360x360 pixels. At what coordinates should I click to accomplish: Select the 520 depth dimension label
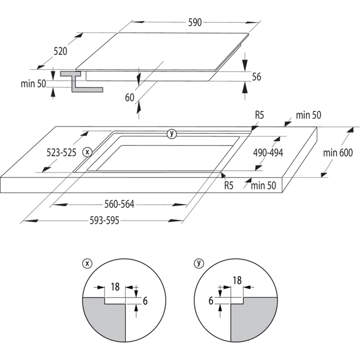pyautogui.click(x=61, y=51)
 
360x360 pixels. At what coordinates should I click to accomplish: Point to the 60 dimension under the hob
pyautogui.click(x=130, y=97)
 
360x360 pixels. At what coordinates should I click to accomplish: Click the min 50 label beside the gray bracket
pyautogui.click(x=33, y=83)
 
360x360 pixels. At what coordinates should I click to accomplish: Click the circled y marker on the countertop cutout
pyautogui.click(x=170, y=134)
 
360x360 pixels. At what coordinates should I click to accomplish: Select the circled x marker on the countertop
pyautogui.click(x=87, y=152)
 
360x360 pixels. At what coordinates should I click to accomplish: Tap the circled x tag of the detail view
pyautogui.click(x=87, y=263)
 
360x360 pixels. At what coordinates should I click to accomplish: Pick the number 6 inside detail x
pyautogui.click(x=145, y=301)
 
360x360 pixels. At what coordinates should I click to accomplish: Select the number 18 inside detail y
pyautogui.click(x=237, y=280)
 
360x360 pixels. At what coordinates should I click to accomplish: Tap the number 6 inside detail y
pyautogui.click(x=211, y=300)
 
